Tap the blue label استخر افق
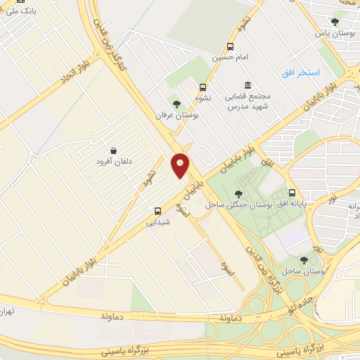coord(300,72)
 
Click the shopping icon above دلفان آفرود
coord(113,150)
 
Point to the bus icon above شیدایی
coord(157,210)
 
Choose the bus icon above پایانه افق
coord(292,193)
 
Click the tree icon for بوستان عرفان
coord(176,104)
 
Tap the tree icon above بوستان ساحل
coord(304,259)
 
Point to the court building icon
coord(247,85)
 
